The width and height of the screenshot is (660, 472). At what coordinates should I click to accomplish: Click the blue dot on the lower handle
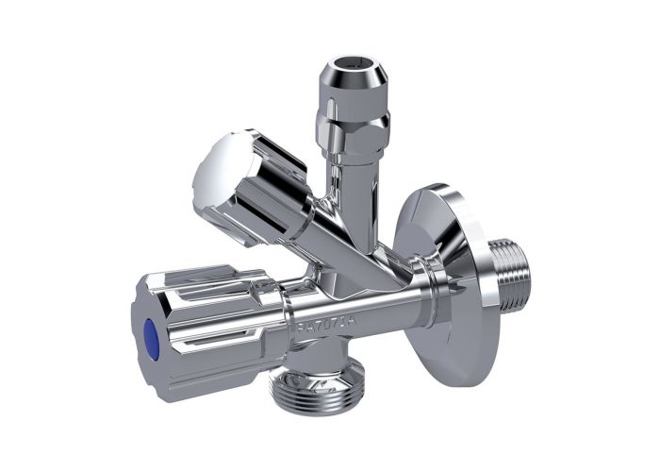tap(149, 331)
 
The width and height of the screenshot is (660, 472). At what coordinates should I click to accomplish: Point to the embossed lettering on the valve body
tap(320, 326)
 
